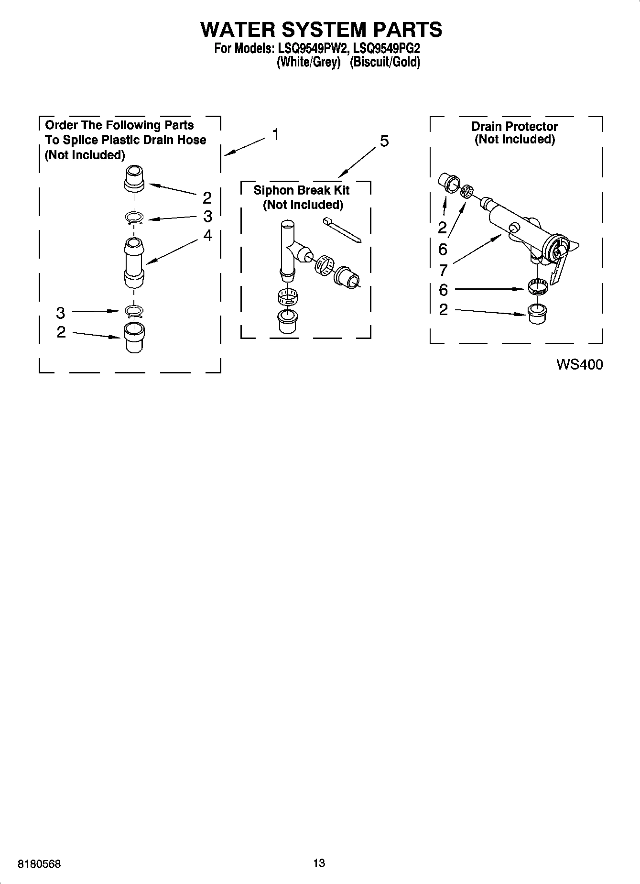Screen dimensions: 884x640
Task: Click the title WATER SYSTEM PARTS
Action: point(321,30)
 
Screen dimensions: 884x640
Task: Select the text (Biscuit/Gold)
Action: point(385,62)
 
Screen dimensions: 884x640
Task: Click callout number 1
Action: point(276,135)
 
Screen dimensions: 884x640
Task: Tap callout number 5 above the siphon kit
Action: point(384,141)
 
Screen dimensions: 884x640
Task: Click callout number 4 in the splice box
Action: point(207,235)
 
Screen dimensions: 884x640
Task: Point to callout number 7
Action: point(443,271)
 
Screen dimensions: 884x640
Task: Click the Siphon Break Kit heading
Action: point(302,190)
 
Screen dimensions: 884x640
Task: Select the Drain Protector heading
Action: point(515,127)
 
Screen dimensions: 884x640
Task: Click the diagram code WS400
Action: point(579,365)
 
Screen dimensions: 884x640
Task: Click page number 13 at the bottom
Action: point(319,863)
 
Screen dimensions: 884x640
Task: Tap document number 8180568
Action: point(39,864)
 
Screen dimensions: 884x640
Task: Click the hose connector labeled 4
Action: point(134,263)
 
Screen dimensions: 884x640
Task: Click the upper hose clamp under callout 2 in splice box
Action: point(134,218)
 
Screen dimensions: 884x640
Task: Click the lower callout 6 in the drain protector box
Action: point(443,290)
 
